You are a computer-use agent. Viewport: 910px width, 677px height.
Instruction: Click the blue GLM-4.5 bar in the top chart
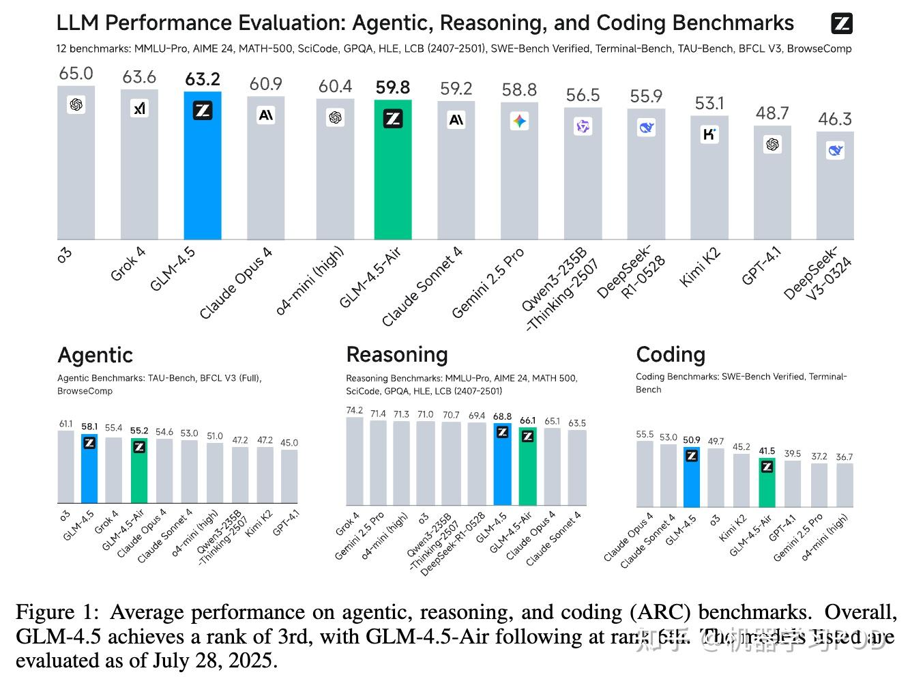coord(203,171)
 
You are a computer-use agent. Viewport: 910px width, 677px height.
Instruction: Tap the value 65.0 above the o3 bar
coord(76,74)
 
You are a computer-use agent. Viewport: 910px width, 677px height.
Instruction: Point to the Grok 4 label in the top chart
coord(128,264)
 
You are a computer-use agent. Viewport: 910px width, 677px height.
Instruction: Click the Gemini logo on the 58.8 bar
coord(519,121)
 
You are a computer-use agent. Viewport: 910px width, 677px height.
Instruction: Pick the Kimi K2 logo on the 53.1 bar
coord(709,134)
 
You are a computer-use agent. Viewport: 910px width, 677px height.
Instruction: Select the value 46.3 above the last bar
coord(835,119)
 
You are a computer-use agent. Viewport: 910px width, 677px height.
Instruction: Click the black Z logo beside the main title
coord(842,24)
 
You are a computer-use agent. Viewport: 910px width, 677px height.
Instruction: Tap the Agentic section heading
coord(95,355)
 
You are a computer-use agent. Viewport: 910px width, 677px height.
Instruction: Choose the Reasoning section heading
coord(397,354)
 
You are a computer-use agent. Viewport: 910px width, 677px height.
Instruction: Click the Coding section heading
coord(671,354)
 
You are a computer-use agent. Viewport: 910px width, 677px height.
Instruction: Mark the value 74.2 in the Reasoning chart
coord(355,410)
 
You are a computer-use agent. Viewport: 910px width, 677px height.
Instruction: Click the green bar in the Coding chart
coord(767,485)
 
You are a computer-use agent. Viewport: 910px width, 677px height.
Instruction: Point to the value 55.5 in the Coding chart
coord(645,434)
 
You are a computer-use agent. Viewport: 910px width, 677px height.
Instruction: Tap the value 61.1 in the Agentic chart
coord(65,424)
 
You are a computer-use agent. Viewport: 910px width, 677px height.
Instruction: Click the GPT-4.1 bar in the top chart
coord(772,184)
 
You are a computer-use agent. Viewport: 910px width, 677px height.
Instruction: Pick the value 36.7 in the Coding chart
coord(845,457)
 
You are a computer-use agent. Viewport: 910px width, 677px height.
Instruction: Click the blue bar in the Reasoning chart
coord(502,467)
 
